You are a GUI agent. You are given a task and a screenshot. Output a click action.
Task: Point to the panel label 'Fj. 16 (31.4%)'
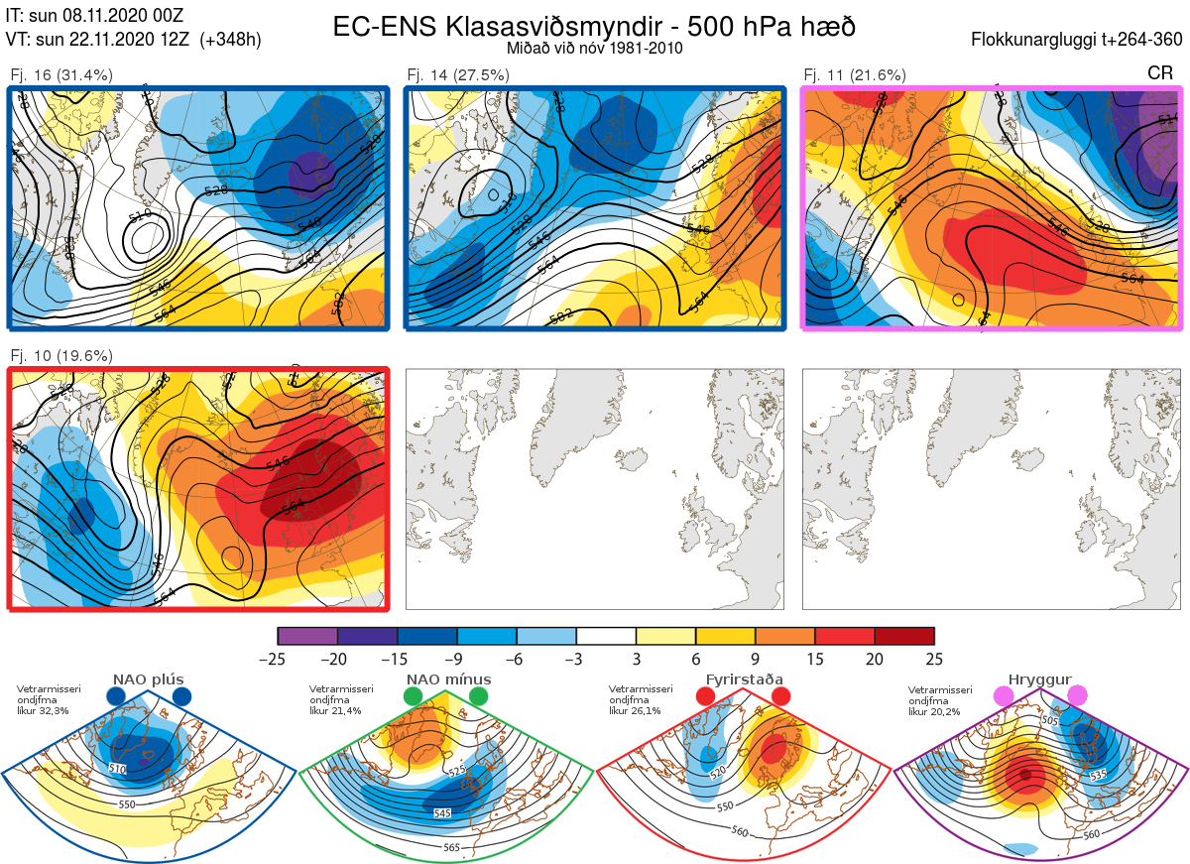coord(60,74)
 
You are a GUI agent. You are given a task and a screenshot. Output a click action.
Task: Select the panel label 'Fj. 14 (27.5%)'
coord(458,74)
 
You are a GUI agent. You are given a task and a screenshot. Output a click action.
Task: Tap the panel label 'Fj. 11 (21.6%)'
coord(854,74)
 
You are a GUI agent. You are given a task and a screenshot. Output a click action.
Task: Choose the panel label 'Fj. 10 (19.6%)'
coord(60,355)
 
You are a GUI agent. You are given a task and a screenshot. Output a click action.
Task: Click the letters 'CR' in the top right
coord(1160,73)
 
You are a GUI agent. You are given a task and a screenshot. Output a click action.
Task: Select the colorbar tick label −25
coord(278,659)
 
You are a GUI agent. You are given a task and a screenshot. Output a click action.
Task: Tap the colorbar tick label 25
coord(934,659)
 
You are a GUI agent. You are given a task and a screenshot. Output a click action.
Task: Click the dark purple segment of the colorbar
coord(367,636)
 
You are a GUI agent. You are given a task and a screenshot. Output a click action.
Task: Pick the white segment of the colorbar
coord(606,636)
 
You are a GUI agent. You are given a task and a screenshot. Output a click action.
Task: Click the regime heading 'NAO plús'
coord(149,679)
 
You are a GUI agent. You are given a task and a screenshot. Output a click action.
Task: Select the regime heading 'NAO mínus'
coord(448,679)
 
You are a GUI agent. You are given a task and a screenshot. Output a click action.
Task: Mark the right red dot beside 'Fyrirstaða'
coord(779,697)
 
